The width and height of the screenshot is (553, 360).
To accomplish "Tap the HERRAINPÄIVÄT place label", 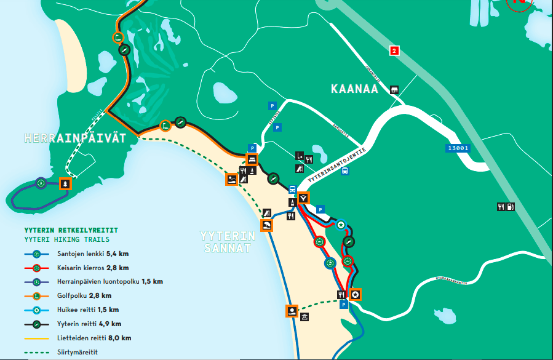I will [74, 138].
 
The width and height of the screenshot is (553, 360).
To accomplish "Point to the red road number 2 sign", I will [394, 51].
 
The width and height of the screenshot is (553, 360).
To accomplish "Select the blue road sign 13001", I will [458, 148].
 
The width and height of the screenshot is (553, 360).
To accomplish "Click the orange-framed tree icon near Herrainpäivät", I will [65, 183].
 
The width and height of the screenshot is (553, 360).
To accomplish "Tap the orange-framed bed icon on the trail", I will [252, 159].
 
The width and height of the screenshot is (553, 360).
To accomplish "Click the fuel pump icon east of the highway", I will [510, 207].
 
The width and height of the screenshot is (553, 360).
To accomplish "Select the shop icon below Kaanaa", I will [394, 90].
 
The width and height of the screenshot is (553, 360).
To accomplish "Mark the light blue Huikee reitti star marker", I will [341, 225].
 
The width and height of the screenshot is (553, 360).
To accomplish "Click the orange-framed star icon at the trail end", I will [356, 295].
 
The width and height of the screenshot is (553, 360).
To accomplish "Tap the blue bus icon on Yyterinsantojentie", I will [346, 172].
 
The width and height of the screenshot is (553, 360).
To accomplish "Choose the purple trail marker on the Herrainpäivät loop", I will [41, 183].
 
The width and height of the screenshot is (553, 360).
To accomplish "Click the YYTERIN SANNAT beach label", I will [227, 242].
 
